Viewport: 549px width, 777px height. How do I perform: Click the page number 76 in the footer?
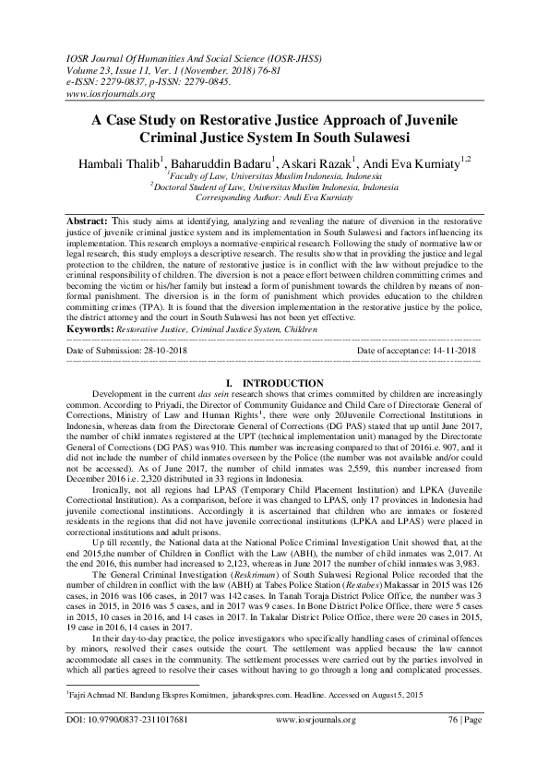452,744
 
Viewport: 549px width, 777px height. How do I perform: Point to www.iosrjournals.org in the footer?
313,744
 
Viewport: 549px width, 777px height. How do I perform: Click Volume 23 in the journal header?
90,68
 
